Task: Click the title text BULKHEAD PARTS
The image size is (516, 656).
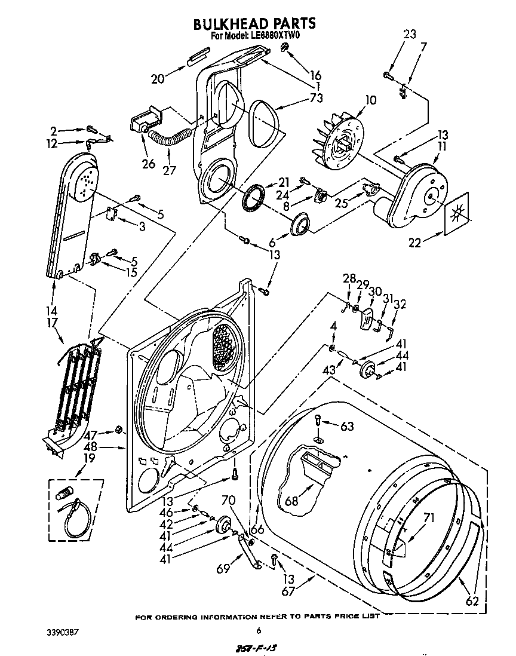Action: coord(254,23)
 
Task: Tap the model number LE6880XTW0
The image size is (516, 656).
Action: coord(272,36)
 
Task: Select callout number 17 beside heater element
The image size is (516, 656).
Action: coord(53,324)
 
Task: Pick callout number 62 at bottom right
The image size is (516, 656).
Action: coord(472,600)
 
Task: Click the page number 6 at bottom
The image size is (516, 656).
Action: coord(259,630)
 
